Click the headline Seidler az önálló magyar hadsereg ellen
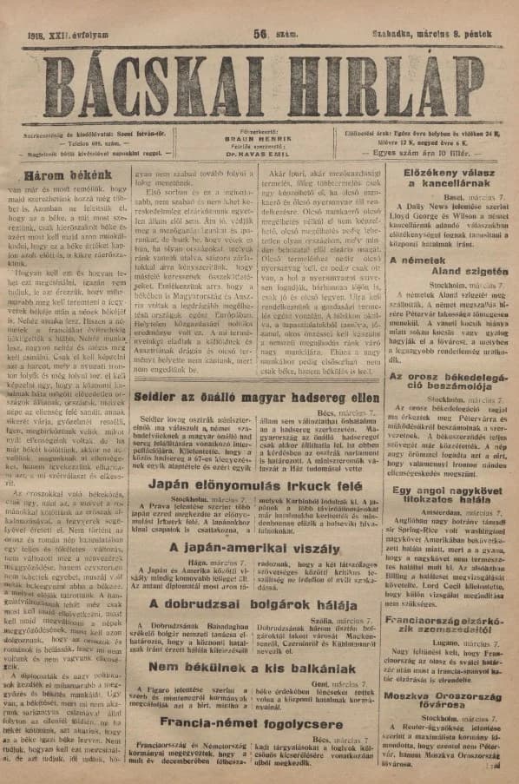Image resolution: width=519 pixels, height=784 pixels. tap(259, 398)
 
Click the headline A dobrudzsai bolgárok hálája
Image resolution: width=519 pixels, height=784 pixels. tap(258, 603)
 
